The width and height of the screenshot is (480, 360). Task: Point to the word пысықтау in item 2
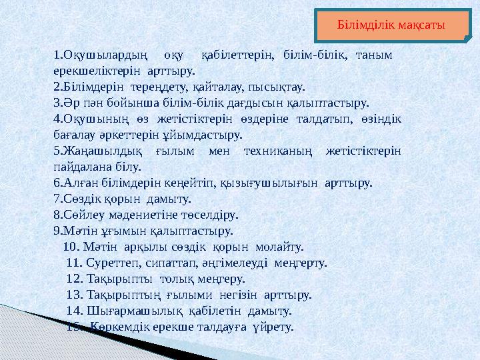click(277, 87)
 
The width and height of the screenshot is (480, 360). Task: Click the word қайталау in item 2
click(219, 87)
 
